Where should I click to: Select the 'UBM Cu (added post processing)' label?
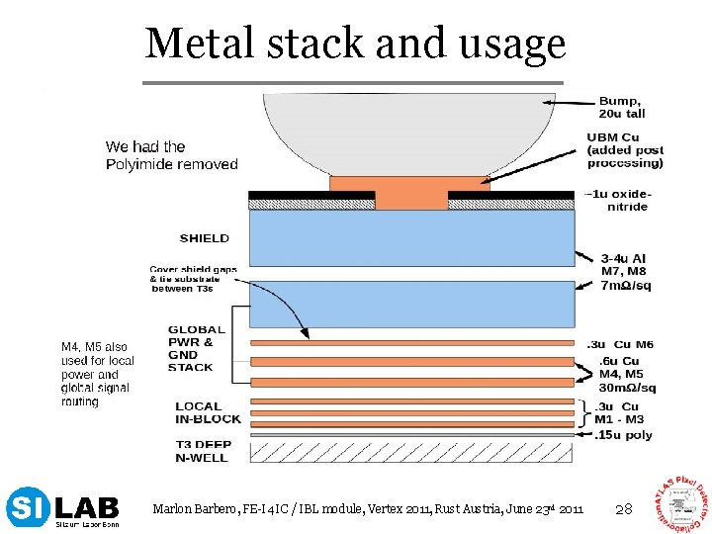pyautogui.click(x=624, y=149)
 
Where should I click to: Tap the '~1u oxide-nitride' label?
pyautogui.click(x=617, y=200)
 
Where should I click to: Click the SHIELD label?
pyautogui.click(x=205, y=238)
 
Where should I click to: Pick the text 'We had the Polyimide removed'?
pyautogui.click(x=172, y=155)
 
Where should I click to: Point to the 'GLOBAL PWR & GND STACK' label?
pyautogui.click(x=196, y=348)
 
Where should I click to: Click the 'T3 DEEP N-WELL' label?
pyautogui.click(x=203, y=451)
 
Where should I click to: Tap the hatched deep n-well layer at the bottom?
pyautogui.click(x=411, y=451)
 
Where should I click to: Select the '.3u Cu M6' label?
pyautogui.click(x=620, y=344)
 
